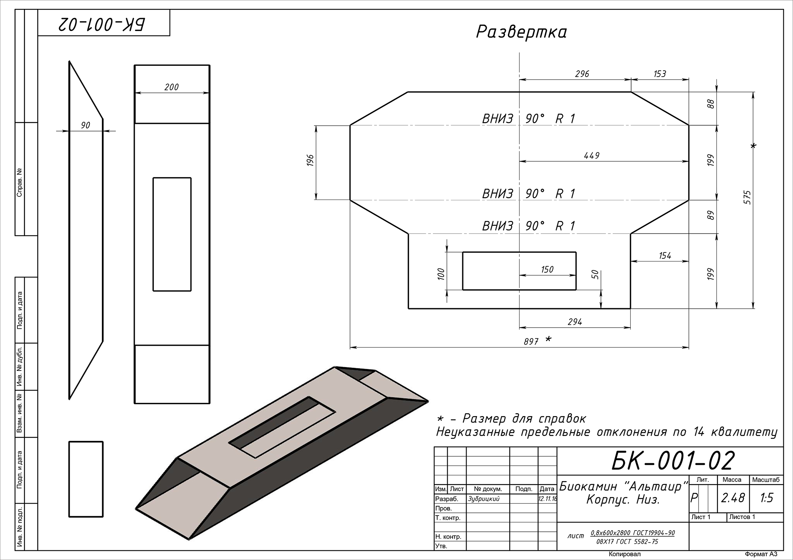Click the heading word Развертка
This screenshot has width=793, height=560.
521,32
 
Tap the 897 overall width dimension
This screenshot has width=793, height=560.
531,341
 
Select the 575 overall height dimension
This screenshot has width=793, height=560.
747,197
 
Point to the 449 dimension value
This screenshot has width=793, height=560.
591,155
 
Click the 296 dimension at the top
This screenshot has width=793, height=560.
582,73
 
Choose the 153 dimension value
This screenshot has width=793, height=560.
660,73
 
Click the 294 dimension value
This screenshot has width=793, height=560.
575,322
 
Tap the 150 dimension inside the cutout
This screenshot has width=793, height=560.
547,270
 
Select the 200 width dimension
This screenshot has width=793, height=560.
172,87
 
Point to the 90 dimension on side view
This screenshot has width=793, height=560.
86,125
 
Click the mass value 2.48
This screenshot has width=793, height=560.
733,498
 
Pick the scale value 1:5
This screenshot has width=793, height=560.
766,498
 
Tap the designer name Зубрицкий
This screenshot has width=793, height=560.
484,499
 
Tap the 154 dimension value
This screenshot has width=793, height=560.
665,256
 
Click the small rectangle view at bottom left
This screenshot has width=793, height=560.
86,479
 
